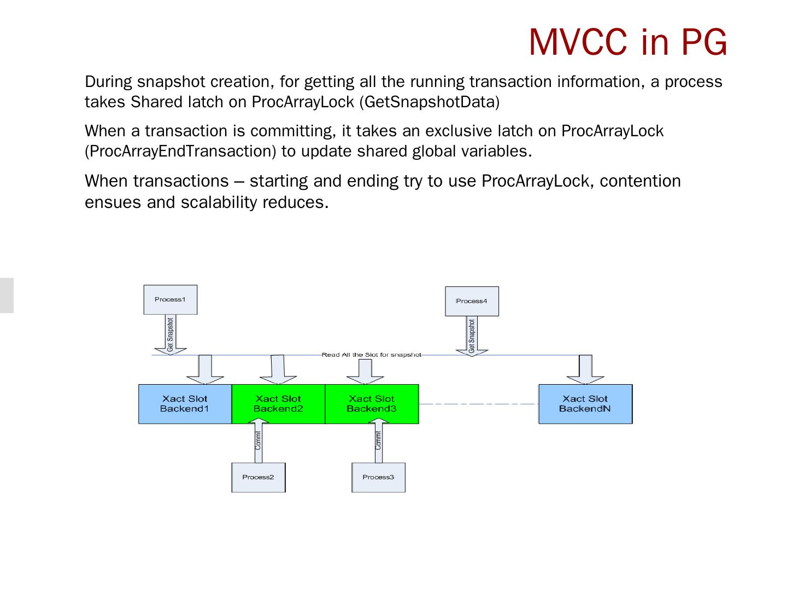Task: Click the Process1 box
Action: (x=170, y=299)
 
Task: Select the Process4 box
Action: (x=472, y=301)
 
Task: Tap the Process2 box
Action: (x=258, y=477)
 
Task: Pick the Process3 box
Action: (x=378, y=477)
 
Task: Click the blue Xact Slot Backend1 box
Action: (x=185, y=404)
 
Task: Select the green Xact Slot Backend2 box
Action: (x=278, y=404)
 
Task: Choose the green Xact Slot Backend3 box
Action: (x=372, y=404)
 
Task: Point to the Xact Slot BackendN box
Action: (x=585, y=404)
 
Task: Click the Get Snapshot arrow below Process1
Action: (x=170, y=335)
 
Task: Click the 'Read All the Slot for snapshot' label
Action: (x=372, y=355)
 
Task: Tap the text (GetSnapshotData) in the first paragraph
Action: (x=430, y=102)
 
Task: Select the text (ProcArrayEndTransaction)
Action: (x=180, y=151)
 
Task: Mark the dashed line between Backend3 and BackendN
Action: (x=478, y=404)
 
